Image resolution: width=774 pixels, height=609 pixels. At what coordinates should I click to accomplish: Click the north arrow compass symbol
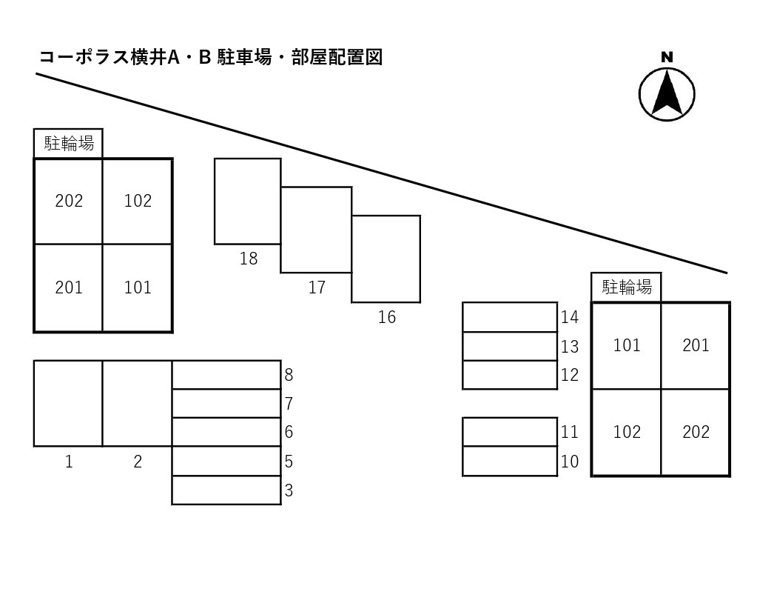pos(667,94)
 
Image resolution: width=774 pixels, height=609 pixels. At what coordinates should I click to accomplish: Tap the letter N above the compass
pos(667,57)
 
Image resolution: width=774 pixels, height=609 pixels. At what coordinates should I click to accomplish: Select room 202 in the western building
pos(69,201)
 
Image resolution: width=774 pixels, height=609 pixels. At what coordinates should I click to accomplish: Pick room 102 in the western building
pos(138,201)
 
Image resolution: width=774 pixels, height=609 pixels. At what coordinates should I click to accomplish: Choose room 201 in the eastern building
pos(696,345)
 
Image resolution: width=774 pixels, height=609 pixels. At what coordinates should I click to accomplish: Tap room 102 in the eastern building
pos(627,432)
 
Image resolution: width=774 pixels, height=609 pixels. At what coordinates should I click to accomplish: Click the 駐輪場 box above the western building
pos(68,143)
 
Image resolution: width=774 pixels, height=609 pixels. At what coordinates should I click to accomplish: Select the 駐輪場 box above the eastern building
pos(626,287)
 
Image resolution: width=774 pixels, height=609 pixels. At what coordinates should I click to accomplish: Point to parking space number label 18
pos(249,259)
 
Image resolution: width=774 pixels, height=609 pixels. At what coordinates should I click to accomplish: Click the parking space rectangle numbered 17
pos(316,230)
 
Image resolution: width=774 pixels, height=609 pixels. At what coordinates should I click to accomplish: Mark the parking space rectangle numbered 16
pos(386,259)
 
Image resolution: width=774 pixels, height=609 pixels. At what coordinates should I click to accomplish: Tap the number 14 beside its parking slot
pos(569,317)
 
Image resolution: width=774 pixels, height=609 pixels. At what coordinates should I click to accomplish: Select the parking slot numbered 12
pos(510,375)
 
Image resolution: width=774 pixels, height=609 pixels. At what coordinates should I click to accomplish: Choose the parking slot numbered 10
pos(510,461)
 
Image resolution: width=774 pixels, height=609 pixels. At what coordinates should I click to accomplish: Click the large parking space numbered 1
pos(68,403)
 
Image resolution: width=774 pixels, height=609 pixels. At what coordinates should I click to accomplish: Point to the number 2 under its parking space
pos(138,462)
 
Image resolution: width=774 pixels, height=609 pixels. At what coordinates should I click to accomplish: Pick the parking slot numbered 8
pos(226,375)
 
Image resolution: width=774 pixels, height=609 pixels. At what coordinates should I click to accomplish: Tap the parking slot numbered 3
pos(226,490)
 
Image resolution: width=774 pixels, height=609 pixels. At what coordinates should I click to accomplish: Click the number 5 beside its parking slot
pos(289,462)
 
